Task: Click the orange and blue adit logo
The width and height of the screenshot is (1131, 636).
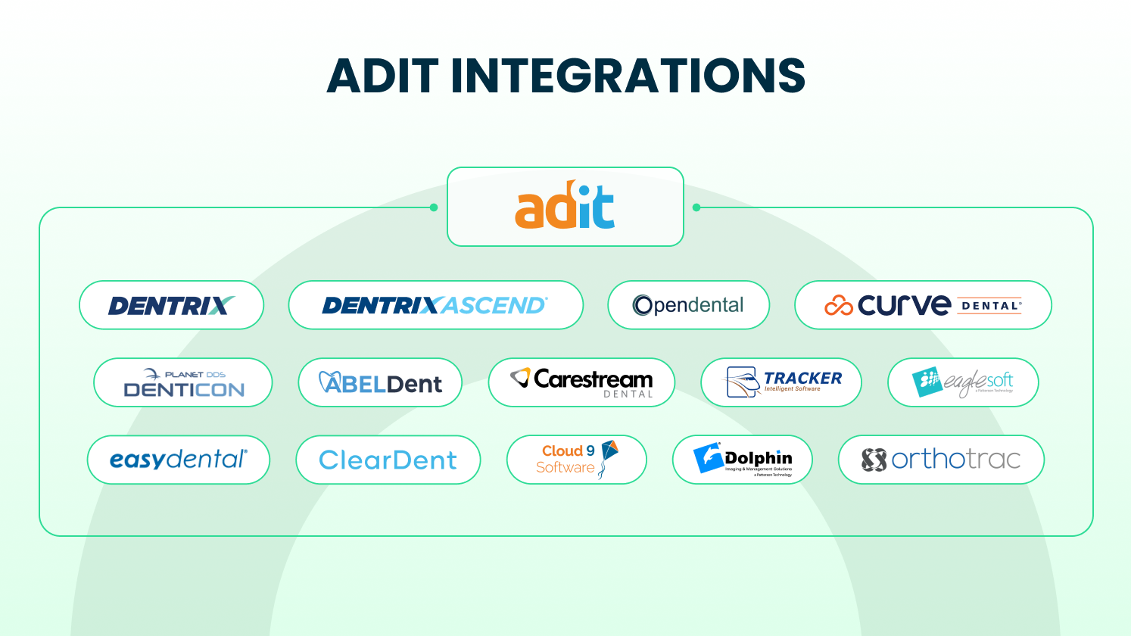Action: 565,206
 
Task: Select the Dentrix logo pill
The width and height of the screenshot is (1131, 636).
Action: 171,305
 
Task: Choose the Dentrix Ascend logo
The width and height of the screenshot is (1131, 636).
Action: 435,305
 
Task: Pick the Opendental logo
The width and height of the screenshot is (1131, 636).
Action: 688,305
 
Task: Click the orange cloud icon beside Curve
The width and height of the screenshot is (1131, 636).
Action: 838,305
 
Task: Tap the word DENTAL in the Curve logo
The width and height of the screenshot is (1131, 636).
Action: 991,306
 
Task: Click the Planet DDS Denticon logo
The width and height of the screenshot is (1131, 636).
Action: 183,382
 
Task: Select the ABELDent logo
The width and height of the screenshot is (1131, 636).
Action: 380,383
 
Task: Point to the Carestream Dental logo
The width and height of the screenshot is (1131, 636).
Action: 581,382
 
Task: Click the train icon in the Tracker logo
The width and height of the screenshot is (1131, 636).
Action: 743,382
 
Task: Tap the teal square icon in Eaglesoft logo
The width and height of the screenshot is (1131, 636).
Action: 927,382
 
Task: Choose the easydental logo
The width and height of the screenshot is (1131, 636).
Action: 179,460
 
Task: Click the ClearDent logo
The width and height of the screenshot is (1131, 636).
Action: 388,460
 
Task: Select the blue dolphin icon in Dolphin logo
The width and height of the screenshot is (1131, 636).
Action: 708,459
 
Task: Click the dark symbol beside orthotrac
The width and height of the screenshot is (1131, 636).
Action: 874,460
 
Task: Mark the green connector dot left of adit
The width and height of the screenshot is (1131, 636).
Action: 434,207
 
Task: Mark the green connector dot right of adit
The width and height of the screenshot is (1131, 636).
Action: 696,207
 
